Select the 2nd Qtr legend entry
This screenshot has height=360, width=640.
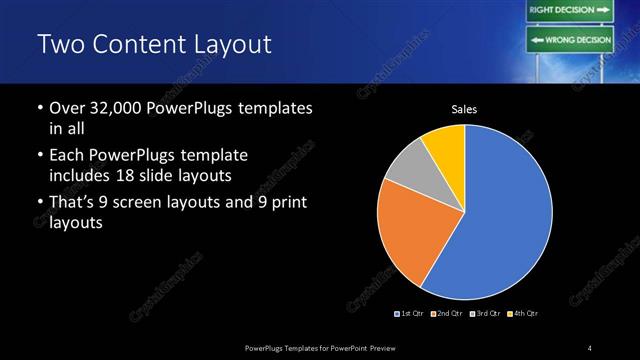pos(446,314)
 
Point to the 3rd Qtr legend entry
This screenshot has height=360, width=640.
pos(484,314)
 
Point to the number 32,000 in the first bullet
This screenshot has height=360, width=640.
pos(115,106)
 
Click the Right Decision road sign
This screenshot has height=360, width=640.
pos(569,10)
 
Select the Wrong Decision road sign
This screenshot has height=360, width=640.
pos(569,41)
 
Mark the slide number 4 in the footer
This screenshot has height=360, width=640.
pos(590,347)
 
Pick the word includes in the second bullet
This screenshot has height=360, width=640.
pos(79,175)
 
